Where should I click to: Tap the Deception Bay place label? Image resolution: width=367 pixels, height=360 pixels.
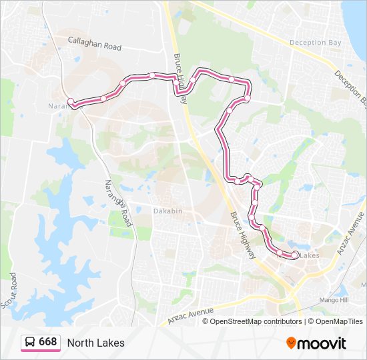315,43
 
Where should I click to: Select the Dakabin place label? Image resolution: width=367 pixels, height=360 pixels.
167,211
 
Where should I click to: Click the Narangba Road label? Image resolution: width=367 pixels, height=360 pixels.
118,203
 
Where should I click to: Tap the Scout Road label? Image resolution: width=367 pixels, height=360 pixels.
9,292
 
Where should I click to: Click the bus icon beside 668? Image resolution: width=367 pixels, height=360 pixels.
29,343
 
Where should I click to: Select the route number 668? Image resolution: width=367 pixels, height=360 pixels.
47,343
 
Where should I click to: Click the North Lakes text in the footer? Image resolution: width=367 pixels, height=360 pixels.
95,343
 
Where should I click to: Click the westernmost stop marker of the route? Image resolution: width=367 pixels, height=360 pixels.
71,101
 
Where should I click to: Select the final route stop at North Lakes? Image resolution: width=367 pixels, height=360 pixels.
295,255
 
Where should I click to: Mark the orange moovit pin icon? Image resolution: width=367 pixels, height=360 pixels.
292,343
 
